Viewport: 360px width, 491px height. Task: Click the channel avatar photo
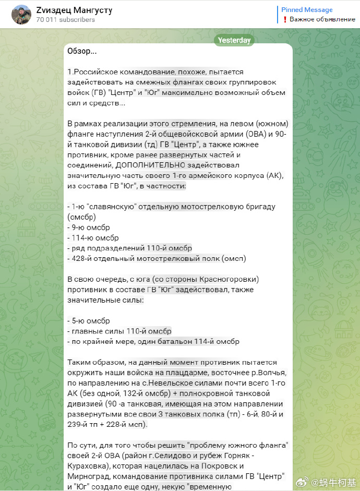(x=21, y=15)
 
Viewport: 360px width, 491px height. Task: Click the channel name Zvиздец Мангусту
(x=74, y=10)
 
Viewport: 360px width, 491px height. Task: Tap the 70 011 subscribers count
(x=66, y=20)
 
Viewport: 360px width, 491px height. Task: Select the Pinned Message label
(x=307, y=10)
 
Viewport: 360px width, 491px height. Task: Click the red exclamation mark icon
(x=285, y=19)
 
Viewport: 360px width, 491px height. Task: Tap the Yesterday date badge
(x=234, y=40)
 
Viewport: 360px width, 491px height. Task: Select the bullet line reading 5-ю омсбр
(x=88, y=320)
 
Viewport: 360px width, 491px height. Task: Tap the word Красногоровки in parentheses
(x=230, y=279)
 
